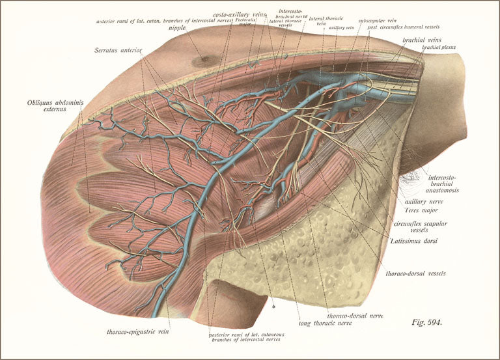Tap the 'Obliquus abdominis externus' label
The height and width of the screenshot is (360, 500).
(51, 105)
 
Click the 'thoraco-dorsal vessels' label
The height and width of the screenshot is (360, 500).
(415, 273)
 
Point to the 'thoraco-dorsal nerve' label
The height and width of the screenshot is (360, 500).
(355, 316)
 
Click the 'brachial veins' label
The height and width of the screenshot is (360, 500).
(422, 40)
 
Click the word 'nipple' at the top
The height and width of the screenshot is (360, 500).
(176, 28)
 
